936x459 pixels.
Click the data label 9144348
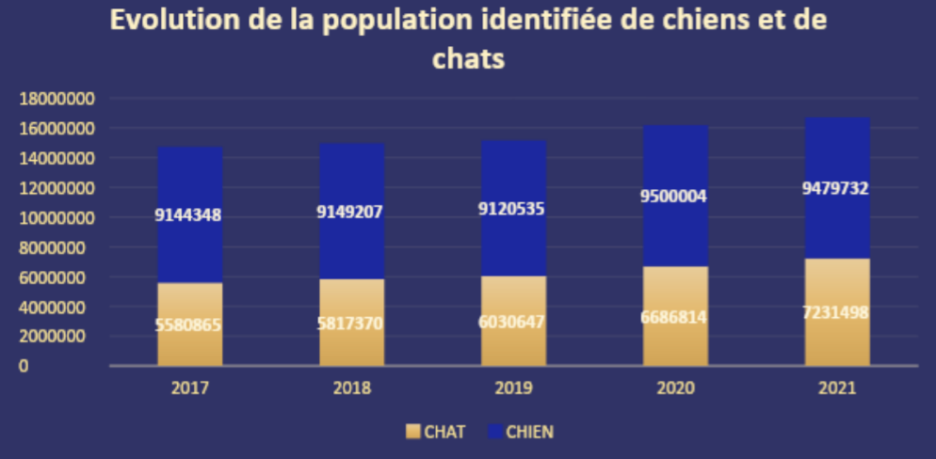click(188, 215)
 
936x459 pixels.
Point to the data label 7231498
click(836, 313)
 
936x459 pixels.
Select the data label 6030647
click(512, 322)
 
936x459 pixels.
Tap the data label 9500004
click(673, 197)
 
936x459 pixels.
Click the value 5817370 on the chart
click(350, 323)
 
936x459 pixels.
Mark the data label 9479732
click(836, 189)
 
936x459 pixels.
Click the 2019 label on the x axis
click(513, 388)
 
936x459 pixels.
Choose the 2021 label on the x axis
click(837, 388)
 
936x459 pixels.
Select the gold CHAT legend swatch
click(412, 432)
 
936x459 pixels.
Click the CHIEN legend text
click(529, 432)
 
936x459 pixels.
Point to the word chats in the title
click(468, 58)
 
